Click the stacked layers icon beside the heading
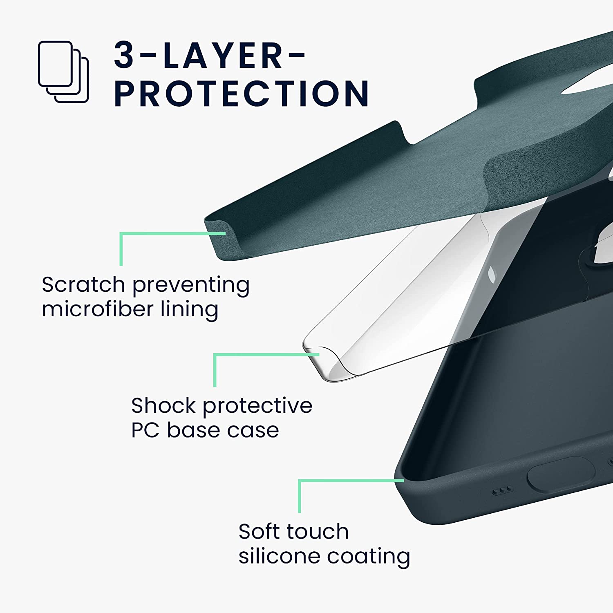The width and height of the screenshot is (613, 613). [x=63, y=72]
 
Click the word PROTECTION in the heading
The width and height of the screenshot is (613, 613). [x=242, y=94]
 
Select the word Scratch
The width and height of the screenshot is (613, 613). [x=83, y=284]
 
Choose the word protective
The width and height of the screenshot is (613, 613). [x=257, y=406]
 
